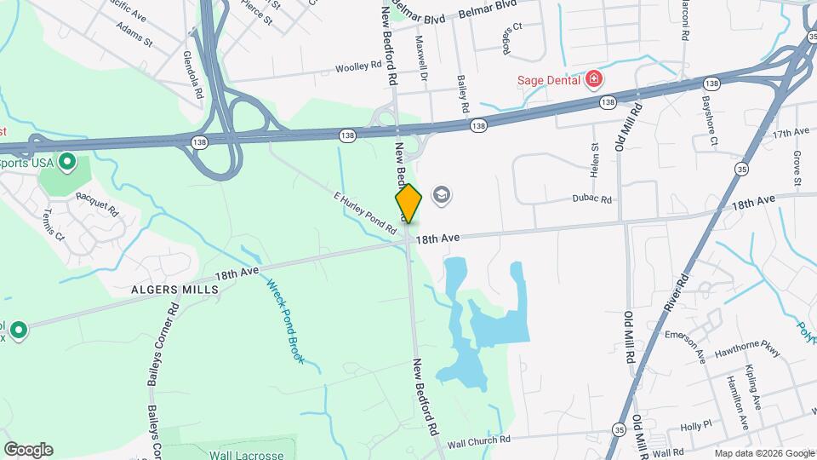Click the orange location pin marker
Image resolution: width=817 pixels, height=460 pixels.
pyautogui.click(x=408, y=203)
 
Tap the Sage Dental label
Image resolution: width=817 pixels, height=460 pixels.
pyautogui.click(x=549, y=81)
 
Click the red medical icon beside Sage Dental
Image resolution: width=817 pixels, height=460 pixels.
pyautogui.click(x=594, y=81)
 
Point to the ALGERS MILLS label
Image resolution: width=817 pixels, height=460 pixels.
pyautogui.click(x=174, y=290)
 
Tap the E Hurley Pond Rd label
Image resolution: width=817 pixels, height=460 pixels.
pyautogui.click(x=365, y=213)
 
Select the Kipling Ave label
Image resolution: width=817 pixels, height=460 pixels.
pyautogui.click(x=754, y=388)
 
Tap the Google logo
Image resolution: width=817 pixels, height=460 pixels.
pyautogui.click(x=28, y=450)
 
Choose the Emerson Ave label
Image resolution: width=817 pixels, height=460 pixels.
pyautogui.click(x=686, y=344)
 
